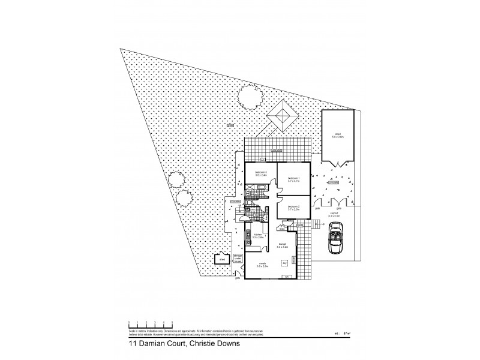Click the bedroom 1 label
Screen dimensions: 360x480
coord(293,178)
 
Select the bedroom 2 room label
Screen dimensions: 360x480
coord(293,206)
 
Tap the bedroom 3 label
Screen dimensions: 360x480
coord(260,173)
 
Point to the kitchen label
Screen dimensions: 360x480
coord(257,235)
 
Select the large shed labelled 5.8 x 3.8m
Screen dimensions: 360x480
coord(338,136)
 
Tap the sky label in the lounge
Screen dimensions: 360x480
coord(285,262)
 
